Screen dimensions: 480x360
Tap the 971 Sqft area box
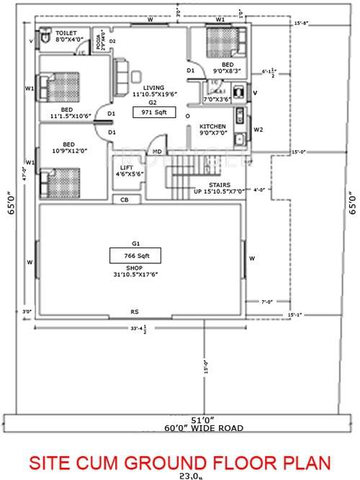click(153, 113)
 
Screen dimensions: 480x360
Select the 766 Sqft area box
click(135, 255)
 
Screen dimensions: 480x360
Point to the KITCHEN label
click(213, 126)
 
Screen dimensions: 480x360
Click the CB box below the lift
click(125, 199)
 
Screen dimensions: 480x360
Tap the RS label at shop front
click(134, 312)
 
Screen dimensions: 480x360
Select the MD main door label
click(156, 152)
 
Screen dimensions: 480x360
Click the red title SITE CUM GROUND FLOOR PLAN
click(180, 461)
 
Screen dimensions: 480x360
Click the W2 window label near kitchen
click(258, 130)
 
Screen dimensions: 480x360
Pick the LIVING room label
click(153, 88)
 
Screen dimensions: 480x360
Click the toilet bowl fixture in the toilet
click(45, 34)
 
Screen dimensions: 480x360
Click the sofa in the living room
click(122, 73)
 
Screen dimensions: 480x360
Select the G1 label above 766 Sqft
click(135, 243)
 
